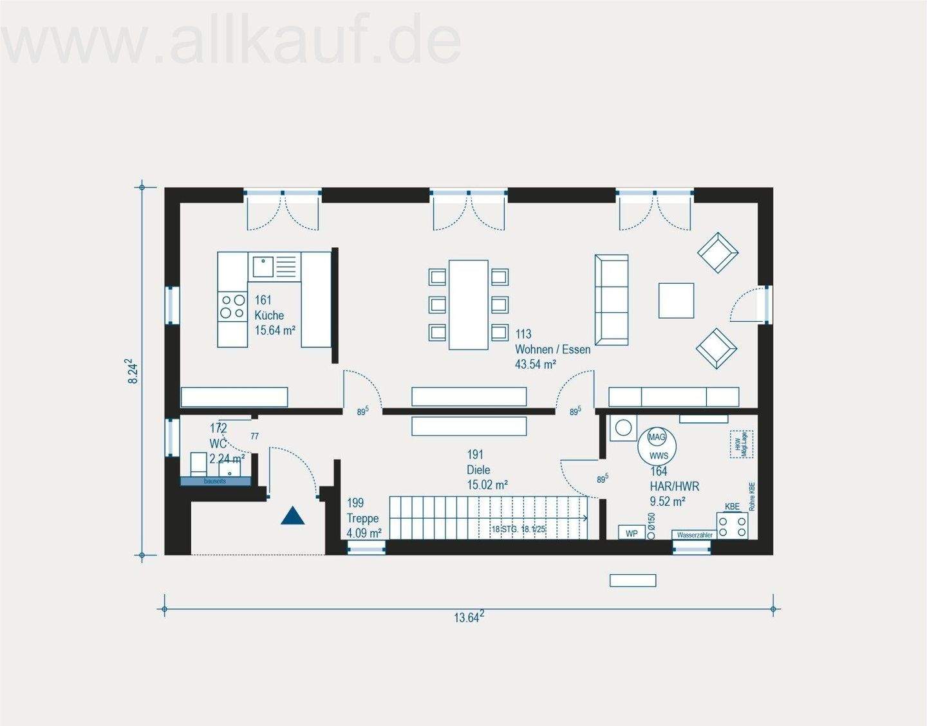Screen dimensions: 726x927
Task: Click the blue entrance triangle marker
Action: pos(292,516)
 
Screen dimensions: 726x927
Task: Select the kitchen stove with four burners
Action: pos(232,306)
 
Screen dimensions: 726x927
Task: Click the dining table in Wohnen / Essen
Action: pos(468,304)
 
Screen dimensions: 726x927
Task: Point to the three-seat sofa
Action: pos(611,300)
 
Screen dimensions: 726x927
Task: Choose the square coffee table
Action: pos(676,301)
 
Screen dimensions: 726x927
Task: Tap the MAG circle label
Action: pos(657,437)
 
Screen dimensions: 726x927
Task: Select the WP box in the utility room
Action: pos(632,534)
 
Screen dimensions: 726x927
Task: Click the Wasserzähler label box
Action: pos(695,535)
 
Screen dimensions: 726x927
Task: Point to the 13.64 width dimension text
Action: pos(468,617)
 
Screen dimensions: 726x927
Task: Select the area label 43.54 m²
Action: pos(535,364)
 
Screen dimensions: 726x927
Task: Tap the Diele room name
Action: pos(478,470)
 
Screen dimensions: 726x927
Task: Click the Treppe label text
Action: pos(362,518)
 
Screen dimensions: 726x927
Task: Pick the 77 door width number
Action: pos(254,436)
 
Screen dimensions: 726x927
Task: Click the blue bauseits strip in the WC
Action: pos(215,481)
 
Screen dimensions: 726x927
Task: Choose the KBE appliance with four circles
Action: pos(732,525)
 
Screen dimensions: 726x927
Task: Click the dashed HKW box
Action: pos(741,444)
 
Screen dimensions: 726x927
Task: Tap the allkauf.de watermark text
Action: pos(232,40)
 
